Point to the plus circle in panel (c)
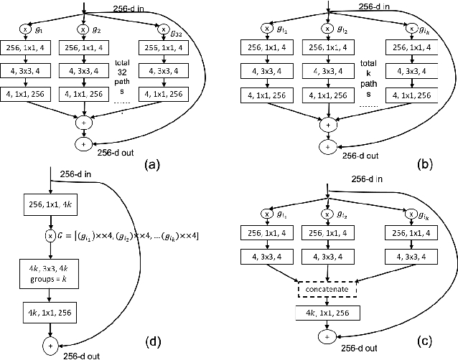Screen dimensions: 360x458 (x=327, y=335)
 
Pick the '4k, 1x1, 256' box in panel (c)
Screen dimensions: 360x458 (x=327, y=314)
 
